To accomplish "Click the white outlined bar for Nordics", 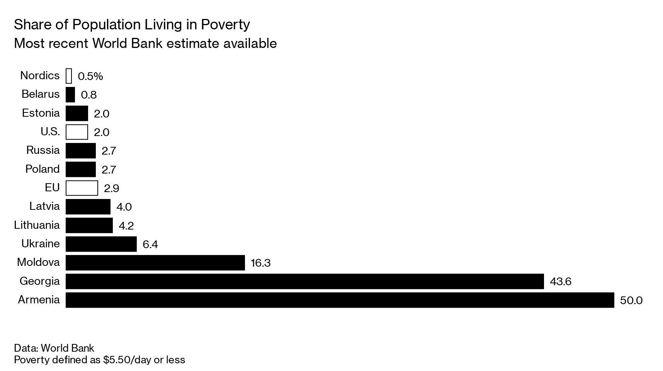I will tap(69, 76).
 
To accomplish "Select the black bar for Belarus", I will tap(70, 94).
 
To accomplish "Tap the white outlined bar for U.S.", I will tap(77, 132).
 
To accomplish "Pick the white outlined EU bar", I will tap(82, 188).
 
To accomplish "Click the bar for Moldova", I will tap(155, 262).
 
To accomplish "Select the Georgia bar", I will tap(304, 281).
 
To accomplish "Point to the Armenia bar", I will tap(340, 300).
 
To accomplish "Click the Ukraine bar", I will tap(101, 244).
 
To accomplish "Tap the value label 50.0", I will tap(631, 300).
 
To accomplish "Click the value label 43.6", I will tap(560, 281).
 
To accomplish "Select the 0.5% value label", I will tap(90, 76).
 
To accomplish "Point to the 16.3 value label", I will tap(260, 263).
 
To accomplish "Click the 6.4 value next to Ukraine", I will tap(150, 244).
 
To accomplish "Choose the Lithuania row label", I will tap(37, 225).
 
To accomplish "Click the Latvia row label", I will tap(44, 206).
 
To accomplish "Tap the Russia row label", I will tap(43, 150).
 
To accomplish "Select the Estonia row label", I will tap(41, 113).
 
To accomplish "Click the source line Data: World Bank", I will tap(54, 348).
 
